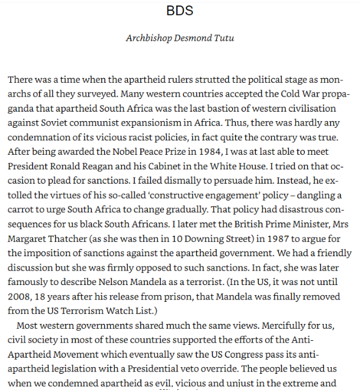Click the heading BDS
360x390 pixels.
[179, 11]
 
